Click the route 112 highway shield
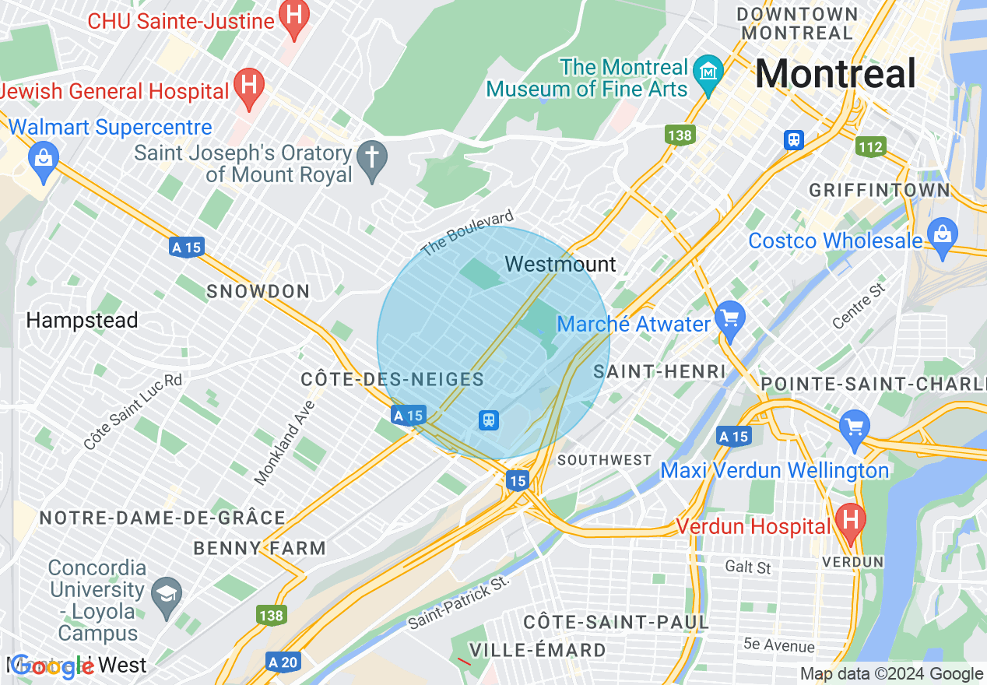[870, 146]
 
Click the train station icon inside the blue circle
[488, 420]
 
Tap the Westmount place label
[560, 265]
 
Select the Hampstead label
[82, 320]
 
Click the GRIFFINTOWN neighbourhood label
[880, 191]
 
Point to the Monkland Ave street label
[284, 443]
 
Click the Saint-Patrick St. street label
[458, 602]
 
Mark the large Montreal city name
[835, 75]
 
